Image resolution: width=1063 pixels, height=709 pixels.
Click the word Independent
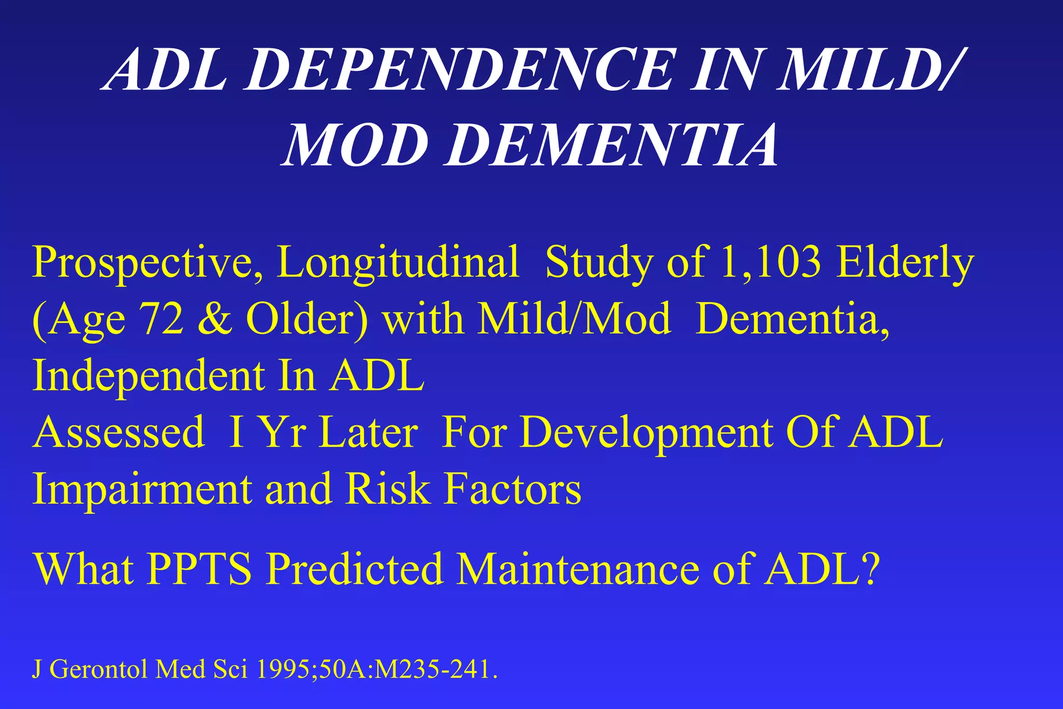click(x=148, y=377)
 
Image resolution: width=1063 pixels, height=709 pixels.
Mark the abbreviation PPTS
click(x=199, y=569)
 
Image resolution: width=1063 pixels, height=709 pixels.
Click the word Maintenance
click(x=578, y=569)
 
